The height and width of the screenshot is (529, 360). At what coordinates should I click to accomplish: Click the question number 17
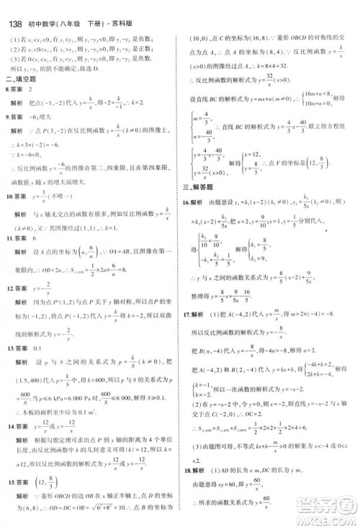pos(186,315)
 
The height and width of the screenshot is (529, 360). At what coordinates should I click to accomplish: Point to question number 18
pos(186,469)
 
